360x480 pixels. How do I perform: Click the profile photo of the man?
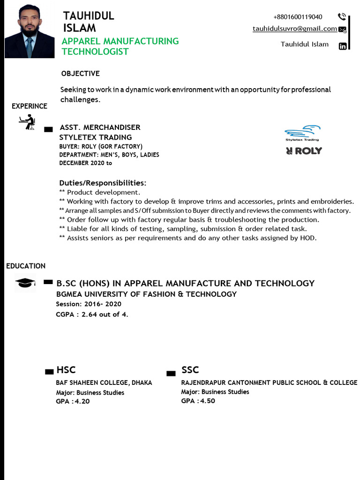pos(30,31)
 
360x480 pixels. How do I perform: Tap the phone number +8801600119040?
pos(298,17)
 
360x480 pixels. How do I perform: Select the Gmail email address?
pos(294,29)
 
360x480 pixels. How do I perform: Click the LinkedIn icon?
pos(343,46)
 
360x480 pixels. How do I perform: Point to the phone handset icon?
pos(342,17)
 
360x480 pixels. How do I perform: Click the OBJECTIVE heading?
pos(80,74)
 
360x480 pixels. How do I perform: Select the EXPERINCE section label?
pos(30,106)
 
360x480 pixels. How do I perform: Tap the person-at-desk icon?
pos(27,122)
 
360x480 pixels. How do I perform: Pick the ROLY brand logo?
pos(304,151)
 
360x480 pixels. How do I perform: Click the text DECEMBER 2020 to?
pos(86,163)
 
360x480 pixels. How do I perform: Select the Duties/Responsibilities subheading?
pos(103,182)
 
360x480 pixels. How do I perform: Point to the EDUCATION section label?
pos(26,266)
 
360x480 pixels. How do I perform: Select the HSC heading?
pos(66,370)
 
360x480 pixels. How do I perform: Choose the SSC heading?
pos(190,370)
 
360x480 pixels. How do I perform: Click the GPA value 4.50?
pos(207,401)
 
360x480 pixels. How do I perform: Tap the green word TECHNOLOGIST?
pos(95,52)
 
